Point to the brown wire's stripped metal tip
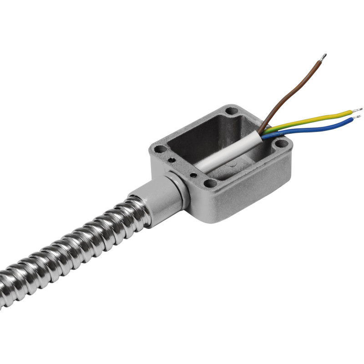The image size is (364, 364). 323,57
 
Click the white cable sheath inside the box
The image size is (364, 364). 227,155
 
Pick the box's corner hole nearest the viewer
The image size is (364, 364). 210,183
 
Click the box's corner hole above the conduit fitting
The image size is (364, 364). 159,149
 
